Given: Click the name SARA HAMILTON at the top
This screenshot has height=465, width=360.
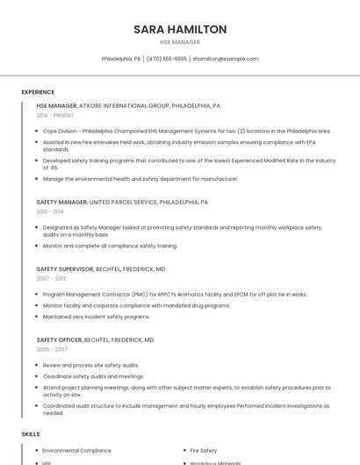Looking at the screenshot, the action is pos(180,29).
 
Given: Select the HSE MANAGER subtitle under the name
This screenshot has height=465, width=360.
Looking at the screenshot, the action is pos(180,42).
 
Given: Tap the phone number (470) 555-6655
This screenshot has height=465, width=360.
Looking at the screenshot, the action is pos(167,59).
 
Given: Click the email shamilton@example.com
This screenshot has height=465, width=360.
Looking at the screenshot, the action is pos(226,59).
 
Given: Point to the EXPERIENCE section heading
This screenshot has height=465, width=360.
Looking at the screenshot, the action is pos(38,91).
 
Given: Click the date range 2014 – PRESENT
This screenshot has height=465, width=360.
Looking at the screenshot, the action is pos(55,115).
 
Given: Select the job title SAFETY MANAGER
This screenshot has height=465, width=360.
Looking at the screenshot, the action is pos(61,202).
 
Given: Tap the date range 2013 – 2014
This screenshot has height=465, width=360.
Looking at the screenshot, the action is pos(50,211).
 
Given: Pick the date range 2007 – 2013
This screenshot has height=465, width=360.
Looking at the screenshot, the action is pos(51,279).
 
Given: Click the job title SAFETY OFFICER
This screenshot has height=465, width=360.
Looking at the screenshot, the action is pos(59,340).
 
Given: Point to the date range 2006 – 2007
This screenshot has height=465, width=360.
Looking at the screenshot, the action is pos(52,349).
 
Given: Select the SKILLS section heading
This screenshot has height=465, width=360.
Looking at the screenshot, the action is pos(31,434).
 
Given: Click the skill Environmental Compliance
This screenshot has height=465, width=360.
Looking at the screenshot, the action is pos(76,450).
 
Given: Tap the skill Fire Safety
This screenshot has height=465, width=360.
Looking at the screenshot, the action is pos(203,450).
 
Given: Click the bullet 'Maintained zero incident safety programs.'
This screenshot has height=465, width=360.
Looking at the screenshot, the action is pos(97,316).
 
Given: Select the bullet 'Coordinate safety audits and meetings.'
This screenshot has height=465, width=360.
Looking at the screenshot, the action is pos(93,376).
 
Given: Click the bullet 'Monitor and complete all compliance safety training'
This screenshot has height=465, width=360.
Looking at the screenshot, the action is pos(109,246).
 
